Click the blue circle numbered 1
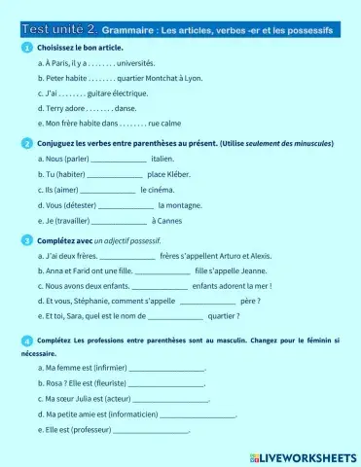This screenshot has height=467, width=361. (x=25, y=47)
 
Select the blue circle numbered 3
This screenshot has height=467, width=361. (x=25, y=238)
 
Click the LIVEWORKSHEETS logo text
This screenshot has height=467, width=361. (x=304, y=455)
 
